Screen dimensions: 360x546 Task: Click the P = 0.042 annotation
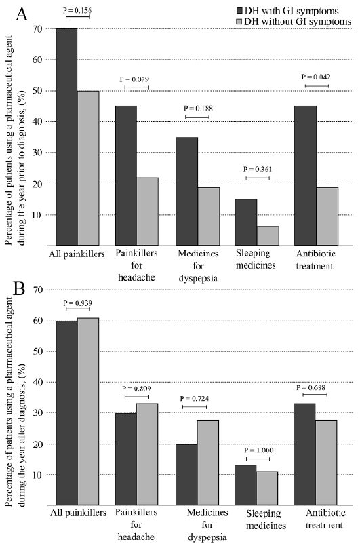[316, 77]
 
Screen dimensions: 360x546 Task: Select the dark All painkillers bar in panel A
[67, 137]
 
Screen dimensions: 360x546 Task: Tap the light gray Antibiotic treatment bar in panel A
[327, 216]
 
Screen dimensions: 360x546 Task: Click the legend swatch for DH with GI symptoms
[240, 11]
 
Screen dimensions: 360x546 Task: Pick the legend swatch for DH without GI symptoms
[240, 22]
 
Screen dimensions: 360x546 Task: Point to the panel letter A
[22, 15]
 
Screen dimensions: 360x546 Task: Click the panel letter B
[19, 288]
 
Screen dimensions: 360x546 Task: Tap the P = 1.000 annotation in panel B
[259, 450]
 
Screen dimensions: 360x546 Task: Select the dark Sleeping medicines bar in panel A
[246, 222]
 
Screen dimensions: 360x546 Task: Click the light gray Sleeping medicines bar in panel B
[267, 488]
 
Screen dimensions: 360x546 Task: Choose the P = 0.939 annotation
[78, 303]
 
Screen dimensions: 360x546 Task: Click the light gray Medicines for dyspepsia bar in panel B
[208, 463]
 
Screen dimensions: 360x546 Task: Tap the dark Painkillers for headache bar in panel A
[126, 176]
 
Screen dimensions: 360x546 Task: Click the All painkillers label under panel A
[77, 254]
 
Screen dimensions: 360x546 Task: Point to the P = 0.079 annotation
[135, 80]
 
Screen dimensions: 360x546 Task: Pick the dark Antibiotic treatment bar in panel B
[304, 454]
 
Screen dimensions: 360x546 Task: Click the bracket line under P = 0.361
[258, 178]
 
